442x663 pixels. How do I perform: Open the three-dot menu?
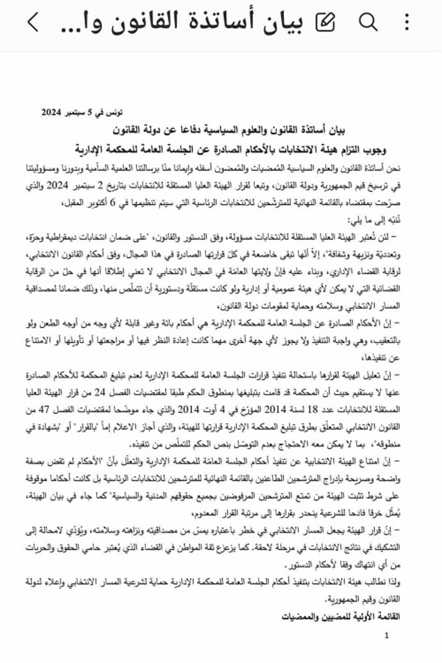tap(407, 22)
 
